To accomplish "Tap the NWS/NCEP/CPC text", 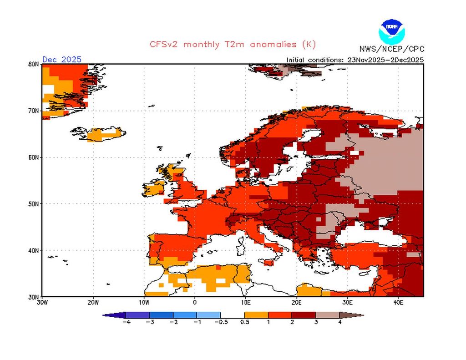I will [x=391, y=49].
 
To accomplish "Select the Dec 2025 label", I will [x=62, y=59].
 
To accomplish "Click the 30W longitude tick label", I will [x=42, y=302].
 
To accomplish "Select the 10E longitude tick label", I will [x=245, y=302].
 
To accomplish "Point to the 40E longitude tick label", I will [x=398, y=302].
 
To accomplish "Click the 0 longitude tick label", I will [x=195, y=302].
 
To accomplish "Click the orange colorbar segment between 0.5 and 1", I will [x=256, y=314].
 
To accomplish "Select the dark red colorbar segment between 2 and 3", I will [x=304, y=314].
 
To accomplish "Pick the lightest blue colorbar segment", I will [x=208, y=314].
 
